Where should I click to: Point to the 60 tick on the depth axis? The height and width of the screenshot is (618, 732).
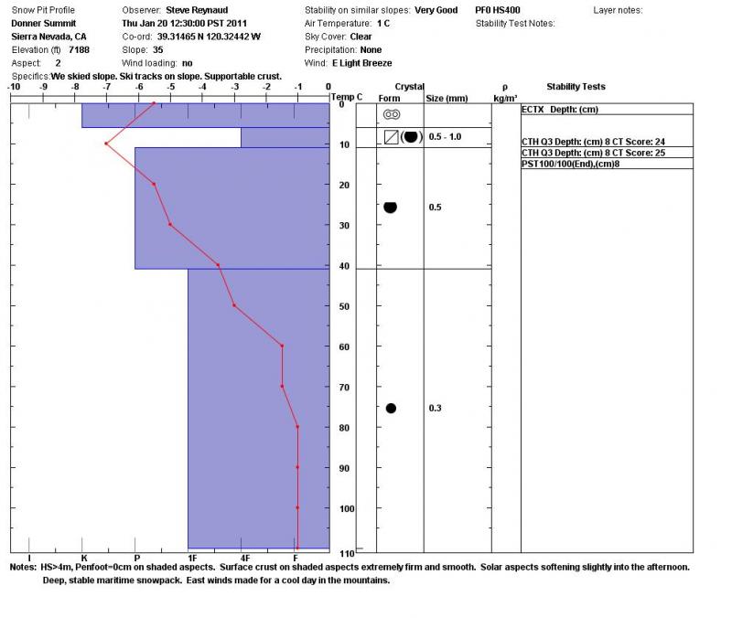point(341,346)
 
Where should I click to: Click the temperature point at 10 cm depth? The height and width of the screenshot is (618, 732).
point(106,144)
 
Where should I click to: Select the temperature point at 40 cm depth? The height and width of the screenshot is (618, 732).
point(218,265)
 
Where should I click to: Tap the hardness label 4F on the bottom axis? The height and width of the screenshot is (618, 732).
point(245,557)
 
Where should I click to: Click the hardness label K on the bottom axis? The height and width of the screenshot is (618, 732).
point(83,557)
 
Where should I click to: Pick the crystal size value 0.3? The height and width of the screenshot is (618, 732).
point(436,409)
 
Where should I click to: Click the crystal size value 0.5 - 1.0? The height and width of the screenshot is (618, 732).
point(446,136)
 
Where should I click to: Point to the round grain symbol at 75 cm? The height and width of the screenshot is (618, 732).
point(391,408)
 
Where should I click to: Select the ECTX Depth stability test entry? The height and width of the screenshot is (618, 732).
point(559,109)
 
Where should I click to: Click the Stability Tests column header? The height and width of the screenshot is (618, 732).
point(576,87)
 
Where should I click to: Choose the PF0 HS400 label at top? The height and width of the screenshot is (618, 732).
point(498,9)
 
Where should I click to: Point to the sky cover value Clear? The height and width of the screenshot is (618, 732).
point(361,36)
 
